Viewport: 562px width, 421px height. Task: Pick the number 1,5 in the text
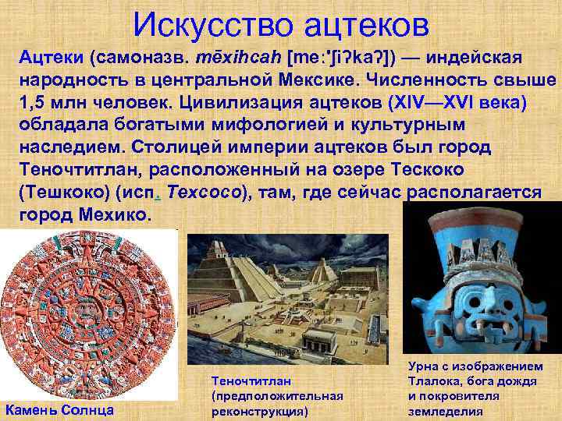[x=34, y=104]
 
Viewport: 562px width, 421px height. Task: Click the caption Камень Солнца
[x=59, y=410]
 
